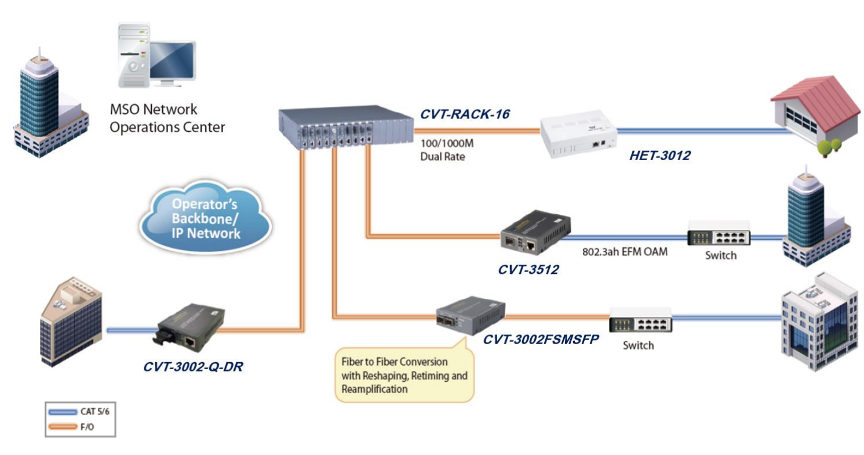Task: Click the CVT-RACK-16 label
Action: tap(465, 114)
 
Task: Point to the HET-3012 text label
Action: tap(659, 156)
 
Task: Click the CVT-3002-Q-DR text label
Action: tap(192, 367)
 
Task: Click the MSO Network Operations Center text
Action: tap(167, 118)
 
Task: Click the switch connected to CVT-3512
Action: tap(719, 234)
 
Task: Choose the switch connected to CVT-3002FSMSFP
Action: tap(640, 320)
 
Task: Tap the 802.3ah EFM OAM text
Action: tap(625, 252)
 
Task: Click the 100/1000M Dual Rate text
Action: tap(442, 149)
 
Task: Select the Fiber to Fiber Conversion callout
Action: tap(404, 375)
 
